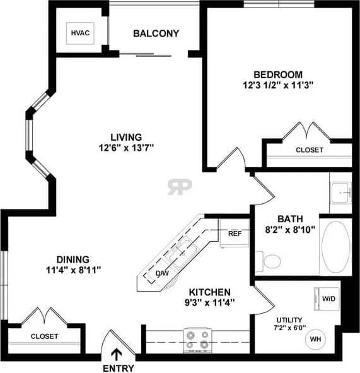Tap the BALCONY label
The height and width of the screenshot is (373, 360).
[156, 33]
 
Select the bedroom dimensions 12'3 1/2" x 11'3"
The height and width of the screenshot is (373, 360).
[278, 84]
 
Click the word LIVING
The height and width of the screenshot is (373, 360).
[126, 136]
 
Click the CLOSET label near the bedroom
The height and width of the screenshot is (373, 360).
[309, 150]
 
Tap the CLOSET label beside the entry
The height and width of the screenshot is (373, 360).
[44, 336]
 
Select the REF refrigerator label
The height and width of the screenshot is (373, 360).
[235, 234]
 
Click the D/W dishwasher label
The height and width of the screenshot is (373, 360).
[163, 273]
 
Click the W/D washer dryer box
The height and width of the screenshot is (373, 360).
[328, 298]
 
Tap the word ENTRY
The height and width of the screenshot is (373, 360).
[118, 368]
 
